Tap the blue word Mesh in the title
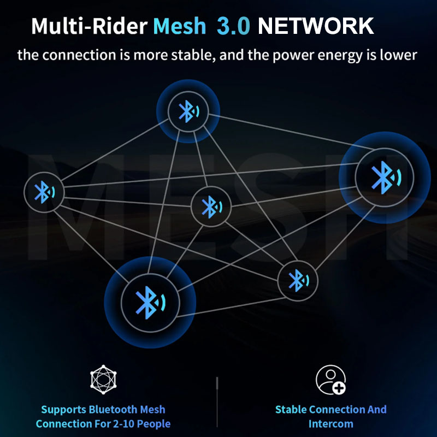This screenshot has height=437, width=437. [180, 26]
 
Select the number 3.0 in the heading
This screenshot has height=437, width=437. [233, 26]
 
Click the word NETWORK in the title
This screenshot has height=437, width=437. [316, 26]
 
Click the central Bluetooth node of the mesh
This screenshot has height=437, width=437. [210, 206]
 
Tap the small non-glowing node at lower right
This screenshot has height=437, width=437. [297, 281]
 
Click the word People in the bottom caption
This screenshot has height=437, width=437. [157, 424]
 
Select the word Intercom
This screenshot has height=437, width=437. [330, 424]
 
